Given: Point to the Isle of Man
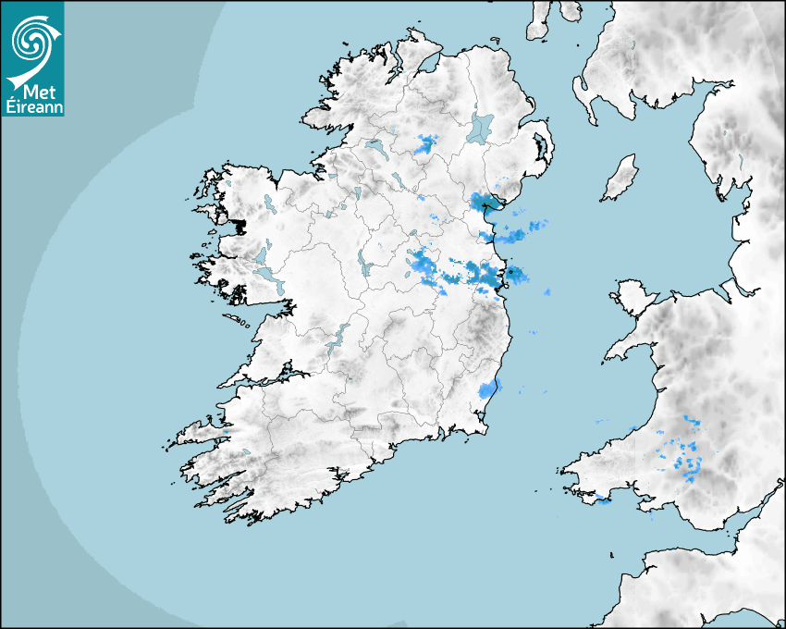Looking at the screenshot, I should (620, 178).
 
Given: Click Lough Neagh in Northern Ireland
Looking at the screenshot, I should (481, 127).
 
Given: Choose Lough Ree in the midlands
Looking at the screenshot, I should (362, 264).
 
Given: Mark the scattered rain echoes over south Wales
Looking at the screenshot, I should (682, 453).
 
